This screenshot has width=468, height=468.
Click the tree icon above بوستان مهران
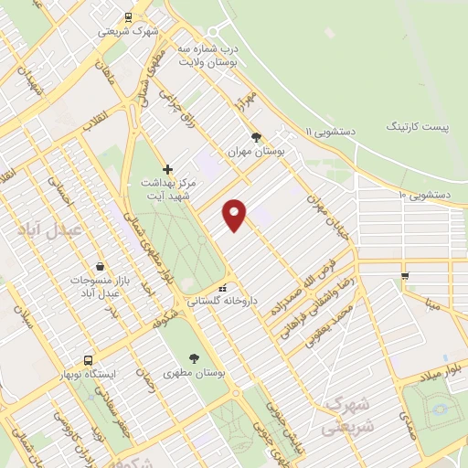(x=268, y=135)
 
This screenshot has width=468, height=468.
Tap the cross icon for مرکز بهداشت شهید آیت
(x=167, y=169)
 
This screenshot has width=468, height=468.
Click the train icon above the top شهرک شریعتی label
(x=128, y=16)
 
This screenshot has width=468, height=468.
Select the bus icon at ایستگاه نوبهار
(x=88, y=360)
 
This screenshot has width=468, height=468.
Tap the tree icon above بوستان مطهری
(x=193, y=358)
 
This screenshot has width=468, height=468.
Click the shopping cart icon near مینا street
(x=405, y=275)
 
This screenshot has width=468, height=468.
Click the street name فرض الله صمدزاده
(x=298, y=293)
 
